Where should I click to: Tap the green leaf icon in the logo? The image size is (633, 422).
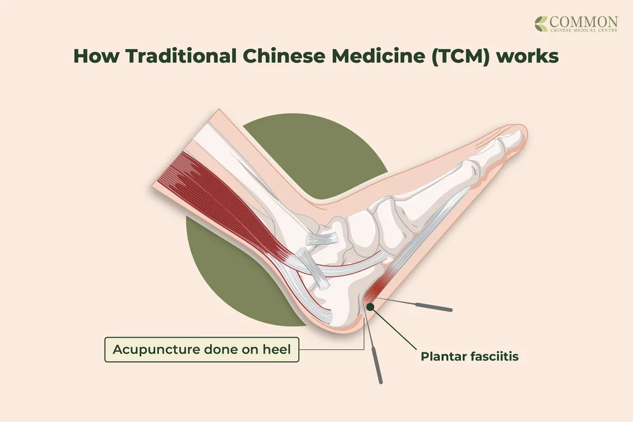pyautogui.click(x=542, y=24)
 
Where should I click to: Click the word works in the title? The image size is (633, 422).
pyautogui.click(x=527, y=56)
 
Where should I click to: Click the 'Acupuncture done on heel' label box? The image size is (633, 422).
pyautogui.click(x=201, y=349)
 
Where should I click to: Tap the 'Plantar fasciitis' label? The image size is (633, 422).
pyautogui.click(x=470, y=356)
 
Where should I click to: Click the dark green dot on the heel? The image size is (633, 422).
pyautogui.click(x=370, y=307)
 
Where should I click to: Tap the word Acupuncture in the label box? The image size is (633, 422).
pyautogui.click(x=149, y=349)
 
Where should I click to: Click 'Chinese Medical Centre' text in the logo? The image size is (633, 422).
pyautogui.click(x=584, y=33)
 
